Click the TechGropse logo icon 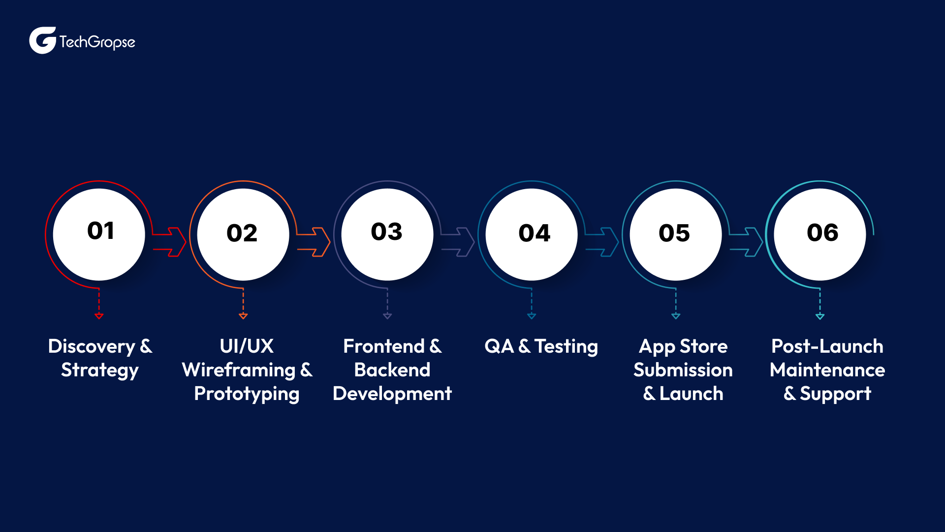[42, 40]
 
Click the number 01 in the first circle [101, 231]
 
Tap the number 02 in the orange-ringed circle [242, 233]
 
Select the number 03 [386, 232]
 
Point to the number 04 [534, 233]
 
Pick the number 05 [674, 233]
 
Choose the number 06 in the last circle [822, 233]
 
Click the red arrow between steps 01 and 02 [170, 242]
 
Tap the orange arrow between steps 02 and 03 [314, 242]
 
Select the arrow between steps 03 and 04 [458, 242]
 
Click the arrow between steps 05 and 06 [747, 242]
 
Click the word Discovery [92, 347]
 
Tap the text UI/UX [247, 346]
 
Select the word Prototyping [247, 394]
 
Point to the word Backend [392, 370]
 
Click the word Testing [566, 347]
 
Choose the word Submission [683, 370]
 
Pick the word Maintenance [827, 370]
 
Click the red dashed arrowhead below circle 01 [99, 315]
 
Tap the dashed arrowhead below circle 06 [820, 316]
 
